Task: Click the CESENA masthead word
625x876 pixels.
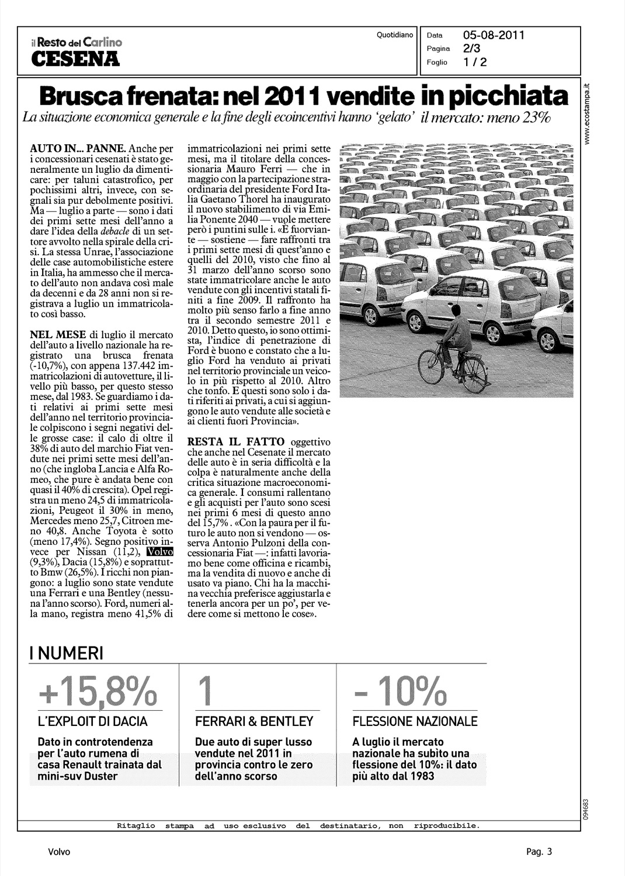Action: pos(75,58)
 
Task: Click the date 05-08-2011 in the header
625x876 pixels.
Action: pos(494,35)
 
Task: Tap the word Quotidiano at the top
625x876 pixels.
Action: pos(395,35)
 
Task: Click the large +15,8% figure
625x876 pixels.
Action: pos(98,691)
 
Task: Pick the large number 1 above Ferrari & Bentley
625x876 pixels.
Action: pos(203,691)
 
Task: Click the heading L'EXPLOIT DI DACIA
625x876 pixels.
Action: pos(92,722)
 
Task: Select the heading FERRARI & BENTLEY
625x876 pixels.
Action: pos(254,722)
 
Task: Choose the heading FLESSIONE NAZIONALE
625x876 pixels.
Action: pos(415,722)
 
